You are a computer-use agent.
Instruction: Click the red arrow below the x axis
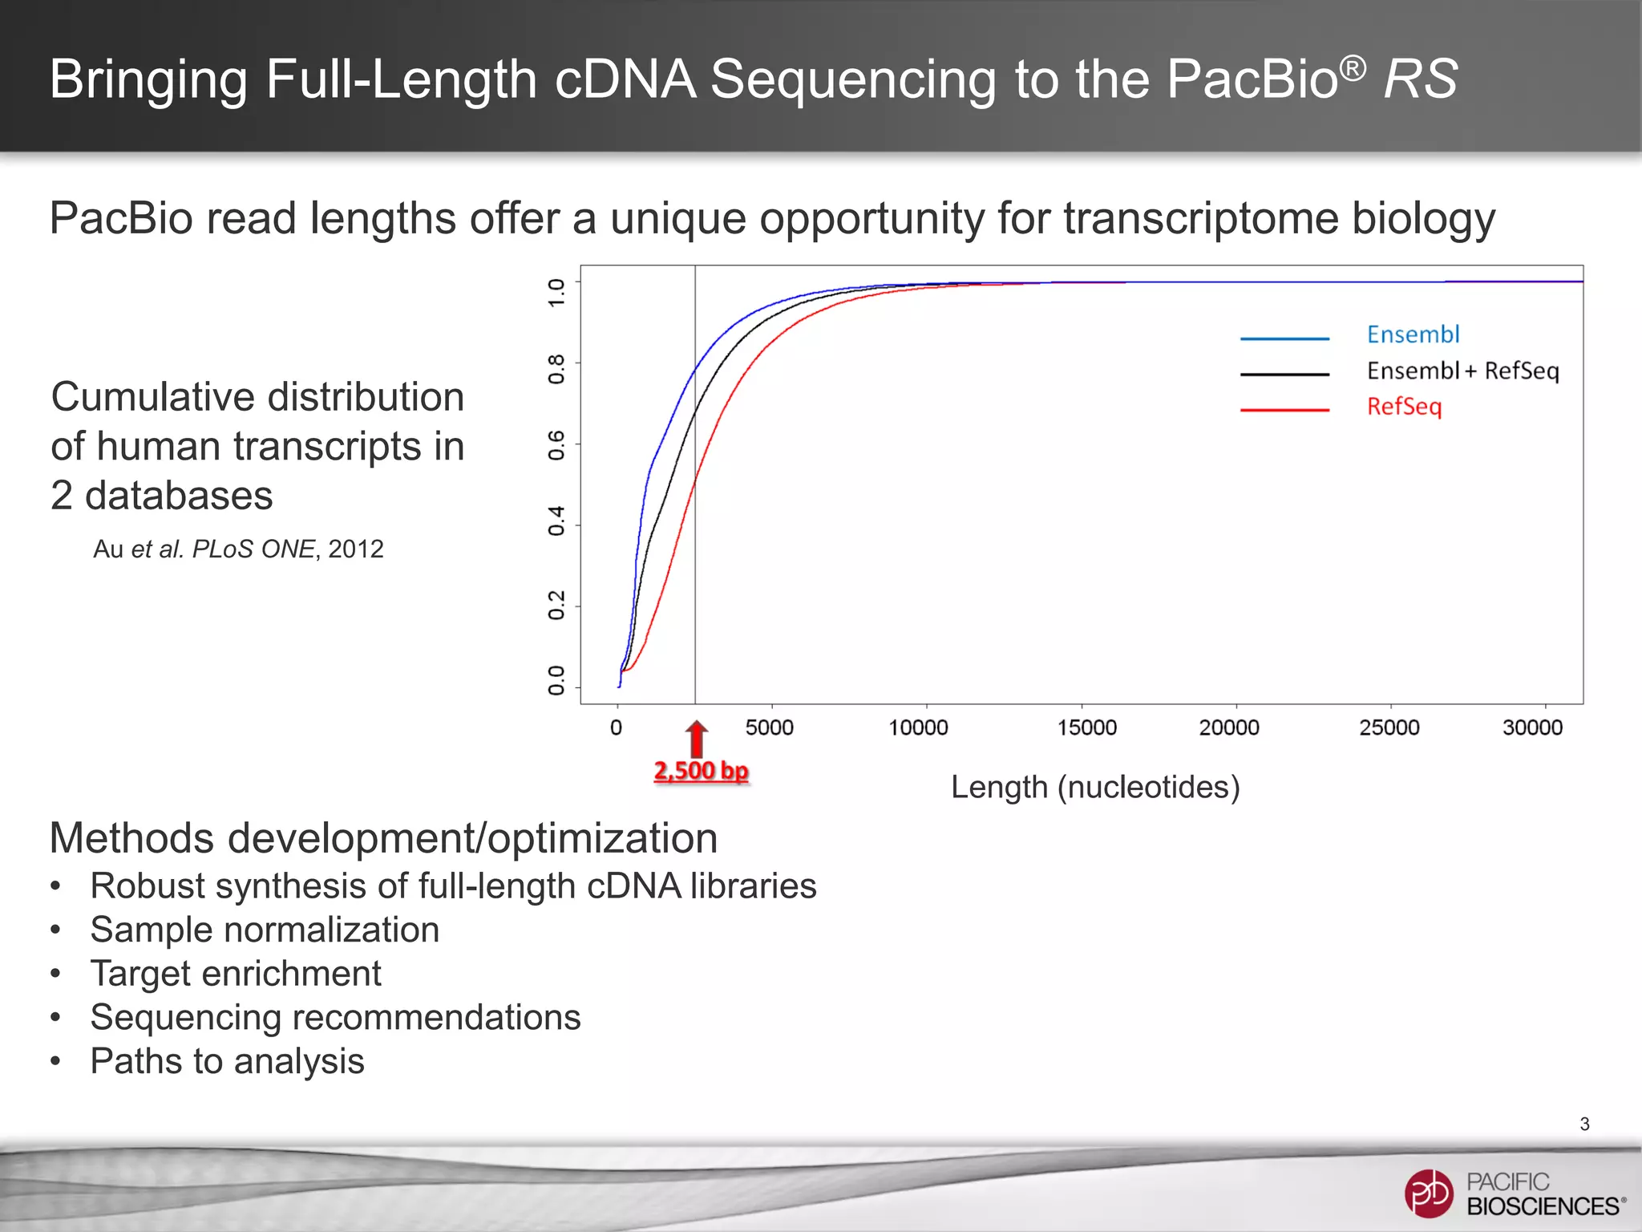[697, 738]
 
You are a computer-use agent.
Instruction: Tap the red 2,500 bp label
[702, 771]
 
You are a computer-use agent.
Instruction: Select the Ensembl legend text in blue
[1413, 334]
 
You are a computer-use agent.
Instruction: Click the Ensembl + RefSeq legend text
[1462, 371]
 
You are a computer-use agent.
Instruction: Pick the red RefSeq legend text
[1404, 407]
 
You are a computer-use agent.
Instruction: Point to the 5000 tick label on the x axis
[770, 727]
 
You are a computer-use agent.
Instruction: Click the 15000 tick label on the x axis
[1086, 727]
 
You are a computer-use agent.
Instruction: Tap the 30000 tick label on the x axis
[1532, 727]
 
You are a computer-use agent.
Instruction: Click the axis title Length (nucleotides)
[1095, 788]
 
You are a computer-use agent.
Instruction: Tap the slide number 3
[1584, 1125]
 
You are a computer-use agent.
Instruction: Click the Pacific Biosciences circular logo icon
[1428, 1193]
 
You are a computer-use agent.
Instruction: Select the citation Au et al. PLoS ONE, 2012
[238, 549]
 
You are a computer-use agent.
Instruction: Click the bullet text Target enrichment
[236, 974]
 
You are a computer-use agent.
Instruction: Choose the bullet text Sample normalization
[265, 930]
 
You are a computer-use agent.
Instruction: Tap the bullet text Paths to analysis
[228, 1061]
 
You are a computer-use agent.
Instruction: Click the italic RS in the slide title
[1421, 79]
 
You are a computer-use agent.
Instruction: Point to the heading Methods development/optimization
[383, 838]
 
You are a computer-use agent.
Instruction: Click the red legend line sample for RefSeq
[1284, 410]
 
